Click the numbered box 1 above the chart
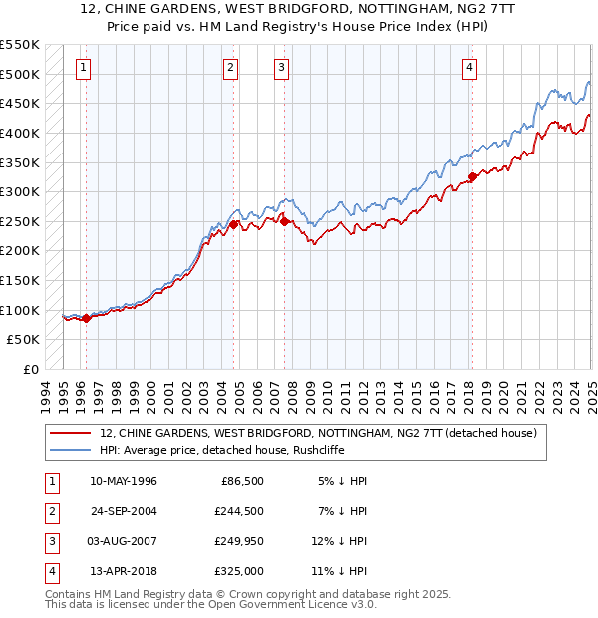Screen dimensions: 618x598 point(82,68)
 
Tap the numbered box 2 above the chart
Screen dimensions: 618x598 point(230,68)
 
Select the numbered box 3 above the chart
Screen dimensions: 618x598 point(282,68)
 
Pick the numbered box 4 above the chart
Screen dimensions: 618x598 point(468,68)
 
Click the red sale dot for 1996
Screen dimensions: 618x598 point(86,319)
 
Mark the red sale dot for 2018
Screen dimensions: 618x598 point(472,177)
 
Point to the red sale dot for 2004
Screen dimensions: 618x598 point(234,225)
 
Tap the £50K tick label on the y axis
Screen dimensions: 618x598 point(24,340)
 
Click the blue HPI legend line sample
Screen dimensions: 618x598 point(72,449)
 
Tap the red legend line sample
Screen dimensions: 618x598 point(72,433)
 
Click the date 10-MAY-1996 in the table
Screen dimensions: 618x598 point(124,481)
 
